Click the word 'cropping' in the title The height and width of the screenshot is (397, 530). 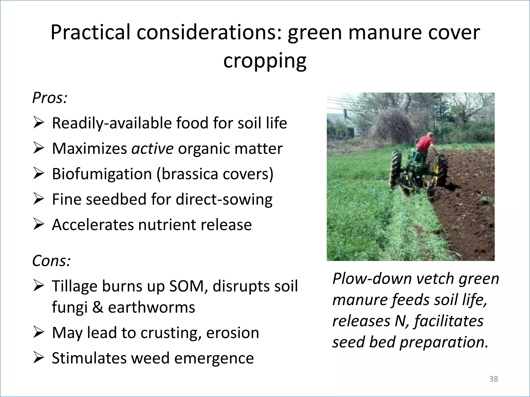click(265, 62)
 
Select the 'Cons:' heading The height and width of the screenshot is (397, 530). click(51, 261)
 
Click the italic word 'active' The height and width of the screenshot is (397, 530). click(152, 149)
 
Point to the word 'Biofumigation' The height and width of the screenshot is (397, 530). click(102, 174)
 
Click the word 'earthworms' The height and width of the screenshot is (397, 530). click(151, 307)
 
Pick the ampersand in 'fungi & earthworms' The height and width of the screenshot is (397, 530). click(98, 307)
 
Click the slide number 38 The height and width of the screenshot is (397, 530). click(494, 379)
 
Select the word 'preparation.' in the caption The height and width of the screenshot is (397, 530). click(444, 342)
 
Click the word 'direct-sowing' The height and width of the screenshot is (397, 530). click(224, 199)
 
